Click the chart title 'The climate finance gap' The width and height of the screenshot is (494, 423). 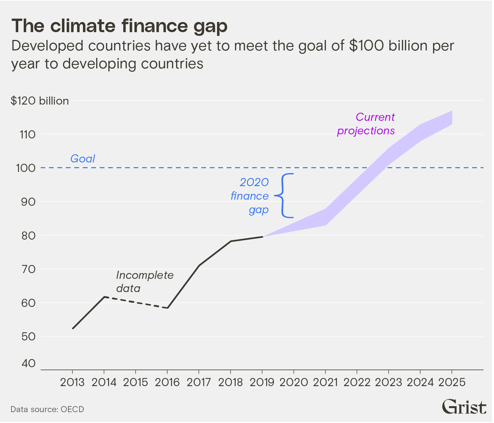119,26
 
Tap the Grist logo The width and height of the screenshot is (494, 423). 464,407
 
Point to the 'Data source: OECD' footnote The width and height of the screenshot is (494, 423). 47,409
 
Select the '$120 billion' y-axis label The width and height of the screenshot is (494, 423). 40,101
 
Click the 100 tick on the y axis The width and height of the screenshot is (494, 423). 26,168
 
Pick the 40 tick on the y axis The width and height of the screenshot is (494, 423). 28,363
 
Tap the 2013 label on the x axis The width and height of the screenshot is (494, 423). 72,382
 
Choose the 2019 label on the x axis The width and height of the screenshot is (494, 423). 262,382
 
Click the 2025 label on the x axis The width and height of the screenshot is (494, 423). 452,382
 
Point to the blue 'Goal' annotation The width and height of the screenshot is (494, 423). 83,159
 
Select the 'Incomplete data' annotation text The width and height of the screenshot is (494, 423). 145,282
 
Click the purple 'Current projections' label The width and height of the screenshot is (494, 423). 366,124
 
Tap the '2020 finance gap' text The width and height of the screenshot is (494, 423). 250,196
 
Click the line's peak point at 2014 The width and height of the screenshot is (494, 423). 104,297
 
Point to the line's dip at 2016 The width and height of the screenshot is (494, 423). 168,308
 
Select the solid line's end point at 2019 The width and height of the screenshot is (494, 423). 262,237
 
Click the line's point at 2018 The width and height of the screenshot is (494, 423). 231,241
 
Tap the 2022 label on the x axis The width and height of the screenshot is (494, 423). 357,382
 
